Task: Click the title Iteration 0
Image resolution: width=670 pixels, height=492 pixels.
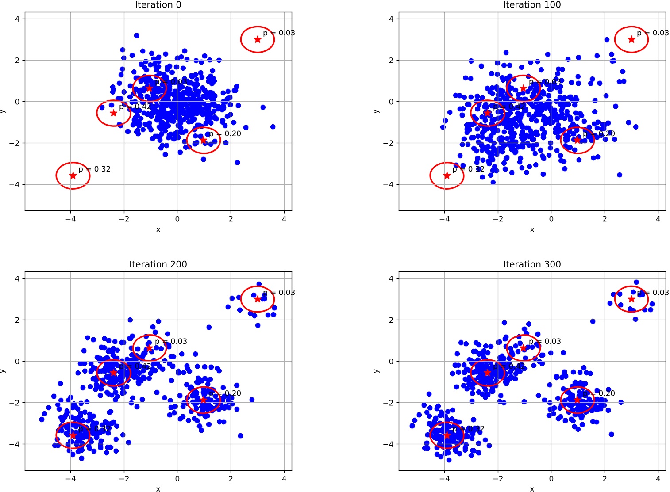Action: [158, 5]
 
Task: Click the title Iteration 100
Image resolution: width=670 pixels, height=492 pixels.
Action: [532, 5]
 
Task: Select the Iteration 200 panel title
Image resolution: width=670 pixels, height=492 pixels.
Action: [158, 264]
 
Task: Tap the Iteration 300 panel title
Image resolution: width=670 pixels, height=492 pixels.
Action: [532, 264]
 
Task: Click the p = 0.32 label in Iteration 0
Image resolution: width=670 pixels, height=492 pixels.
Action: [94, 169]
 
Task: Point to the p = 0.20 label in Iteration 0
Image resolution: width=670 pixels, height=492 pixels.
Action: [225, 134]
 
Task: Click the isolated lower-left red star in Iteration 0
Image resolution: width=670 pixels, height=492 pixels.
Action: [73, 175]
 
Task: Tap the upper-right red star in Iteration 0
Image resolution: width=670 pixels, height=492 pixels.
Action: [258, 39]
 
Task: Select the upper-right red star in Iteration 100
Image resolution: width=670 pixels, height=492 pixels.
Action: [631, 39]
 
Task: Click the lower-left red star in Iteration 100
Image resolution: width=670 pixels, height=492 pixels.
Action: [447, 175]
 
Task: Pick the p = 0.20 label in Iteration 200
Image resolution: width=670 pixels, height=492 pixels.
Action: [225, 393]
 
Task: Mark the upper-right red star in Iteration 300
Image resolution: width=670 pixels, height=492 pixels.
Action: [631, 299]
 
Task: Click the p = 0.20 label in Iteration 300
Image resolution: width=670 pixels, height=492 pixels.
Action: [599, 393]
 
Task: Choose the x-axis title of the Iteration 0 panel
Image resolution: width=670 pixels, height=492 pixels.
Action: [158, 229]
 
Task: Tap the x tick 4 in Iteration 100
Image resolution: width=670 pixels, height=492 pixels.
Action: [658, 219]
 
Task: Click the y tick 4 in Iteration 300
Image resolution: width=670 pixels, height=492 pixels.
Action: [391, 278]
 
